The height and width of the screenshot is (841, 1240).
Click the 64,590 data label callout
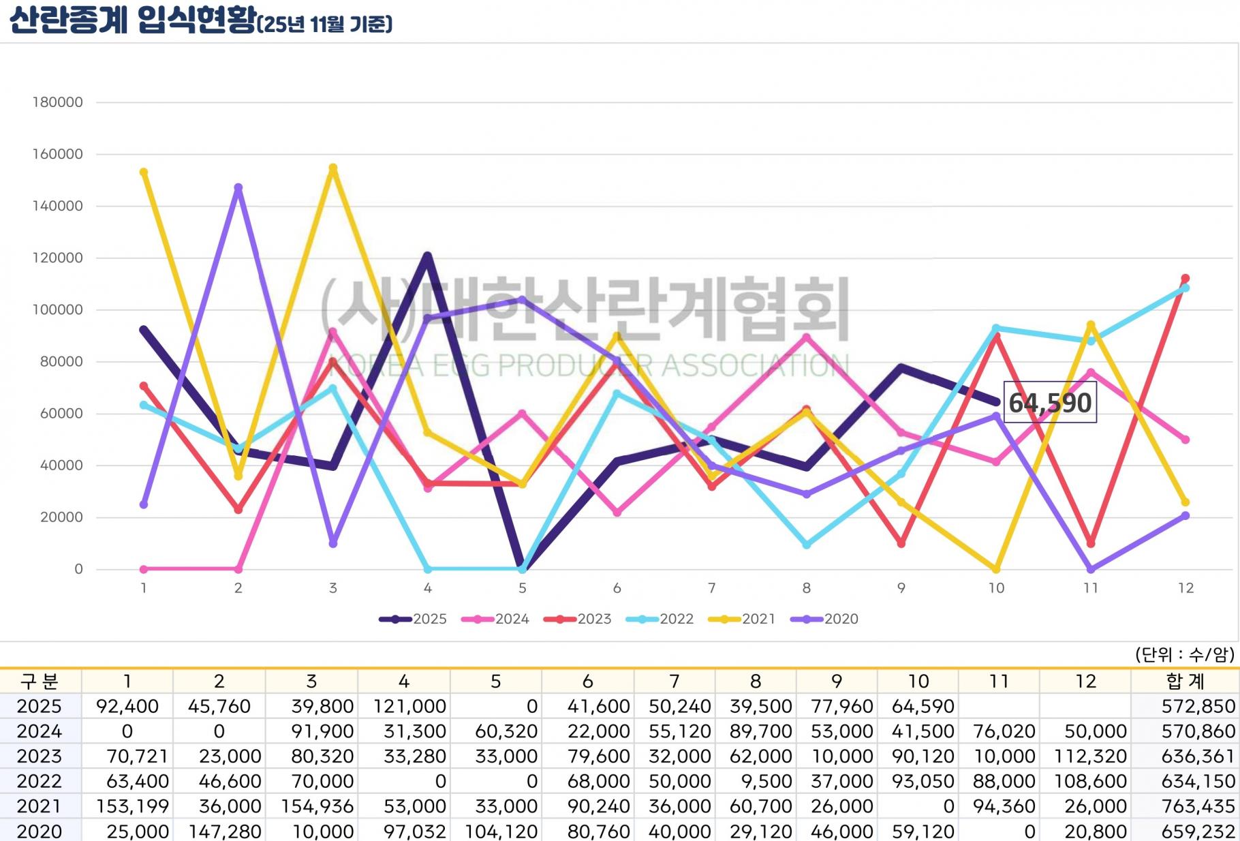coord(1050,403)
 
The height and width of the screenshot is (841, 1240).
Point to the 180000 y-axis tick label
coord(58,102)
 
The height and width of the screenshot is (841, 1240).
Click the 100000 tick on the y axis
coord(58,309)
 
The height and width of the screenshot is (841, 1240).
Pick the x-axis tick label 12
coord(1185,588)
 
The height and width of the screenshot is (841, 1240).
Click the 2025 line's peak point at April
coord(428,256)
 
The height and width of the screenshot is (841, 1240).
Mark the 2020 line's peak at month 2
coord(238,187)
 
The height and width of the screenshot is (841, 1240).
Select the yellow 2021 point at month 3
coord(332,168)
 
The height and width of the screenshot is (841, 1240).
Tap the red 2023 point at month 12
coord(1185,279)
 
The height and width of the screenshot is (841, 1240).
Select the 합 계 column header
coord(1185,681)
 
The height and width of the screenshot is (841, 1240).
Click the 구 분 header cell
coord(40,681)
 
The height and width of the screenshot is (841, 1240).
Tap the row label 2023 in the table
coord(39,756)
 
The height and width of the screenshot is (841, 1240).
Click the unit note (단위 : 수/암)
coord(1184,655)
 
